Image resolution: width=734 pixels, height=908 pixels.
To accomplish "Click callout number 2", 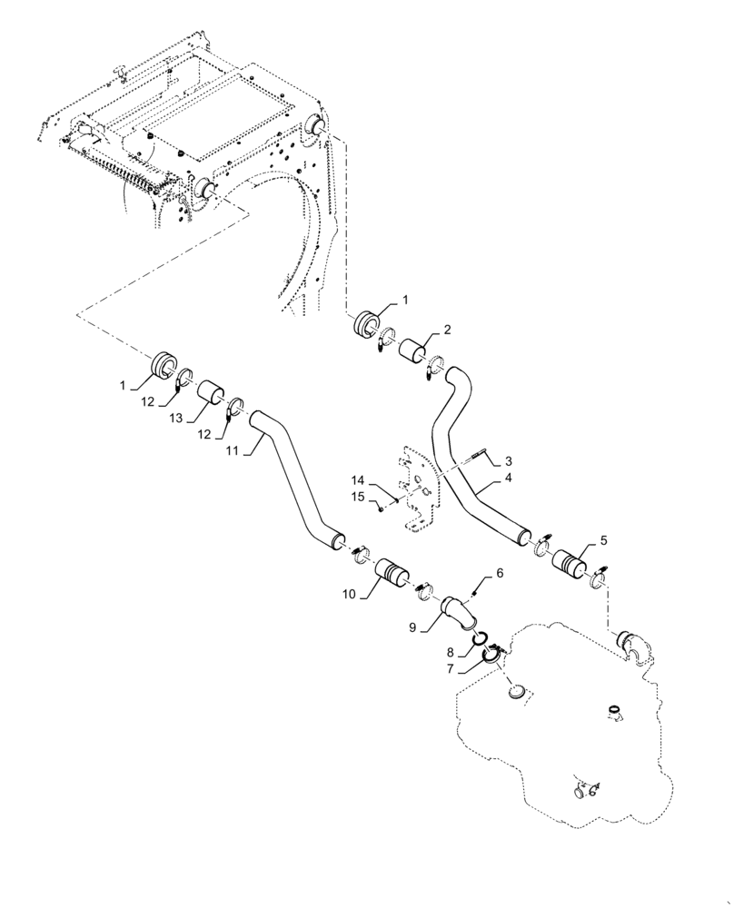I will tap(447, 330).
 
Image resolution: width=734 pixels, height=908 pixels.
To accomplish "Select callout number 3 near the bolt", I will tap(510, 461).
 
